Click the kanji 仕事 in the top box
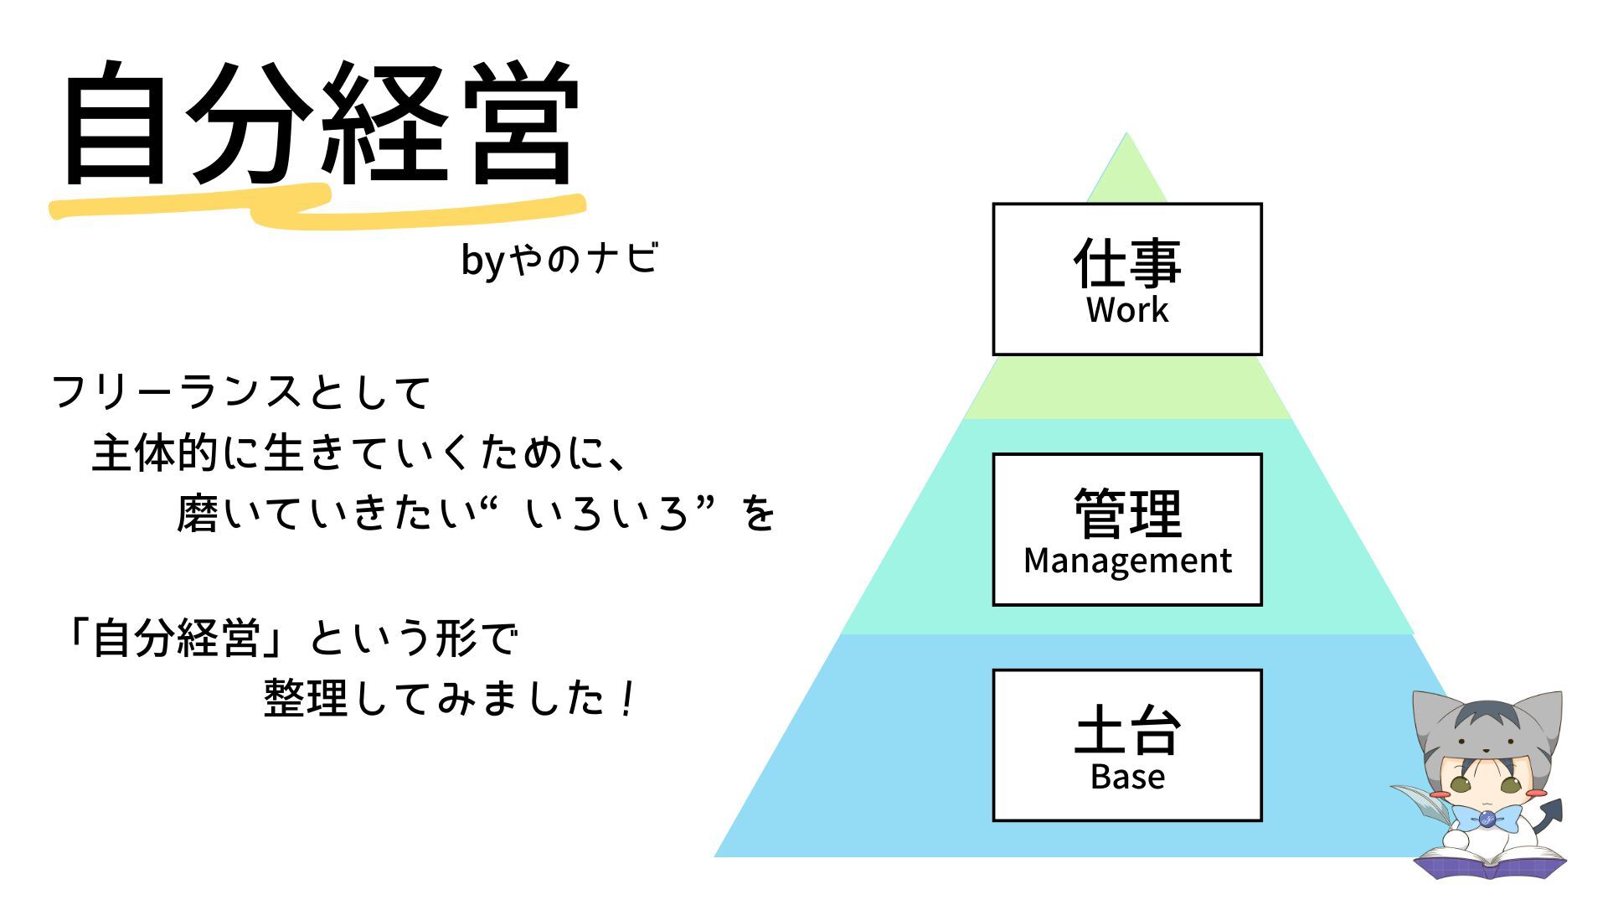coord(1126,262)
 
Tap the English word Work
coord(1126,311)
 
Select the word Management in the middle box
coord(1127,561)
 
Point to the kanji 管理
coord(1127,513)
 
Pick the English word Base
coord(1127,778)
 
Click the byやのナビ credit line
coord(559,259)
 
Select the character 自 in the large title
coord(115,123)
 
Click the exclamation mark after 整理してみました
coord(627,699)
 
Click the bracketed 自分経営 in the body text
coord(176,639)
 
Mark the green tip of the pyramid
coord(1126,168)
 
